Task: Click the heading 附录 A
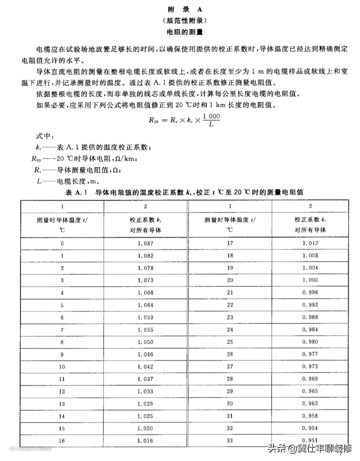coord(185,10)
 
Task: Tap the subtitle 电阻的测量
coord(185,32)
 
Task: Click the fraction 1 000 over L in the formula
coord(211,120)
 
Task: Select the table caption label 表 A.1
coord(76,192)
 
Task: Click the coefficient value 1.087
coord(145,243)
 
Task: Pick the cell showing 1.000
coord(310,280)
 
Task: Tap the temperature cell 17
coord(230,243)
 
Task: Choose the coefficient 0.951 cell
coord(310,440)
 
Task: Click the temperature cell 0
coord(62,244)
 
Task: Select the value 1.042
coord(145,367)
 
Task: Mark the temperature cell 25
coord(230,342)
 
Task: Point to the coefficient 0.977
coord(310,354)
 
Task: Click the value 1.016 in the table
coord(145,441)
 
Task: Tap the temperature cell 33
coord(230,440)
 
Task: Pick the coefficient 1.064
coord(145,305)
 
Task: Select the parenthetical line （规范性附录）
coord(185,21)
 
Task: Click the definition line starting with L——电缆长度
coord(68,182)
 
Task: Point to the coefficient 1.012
coord(310,243)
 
